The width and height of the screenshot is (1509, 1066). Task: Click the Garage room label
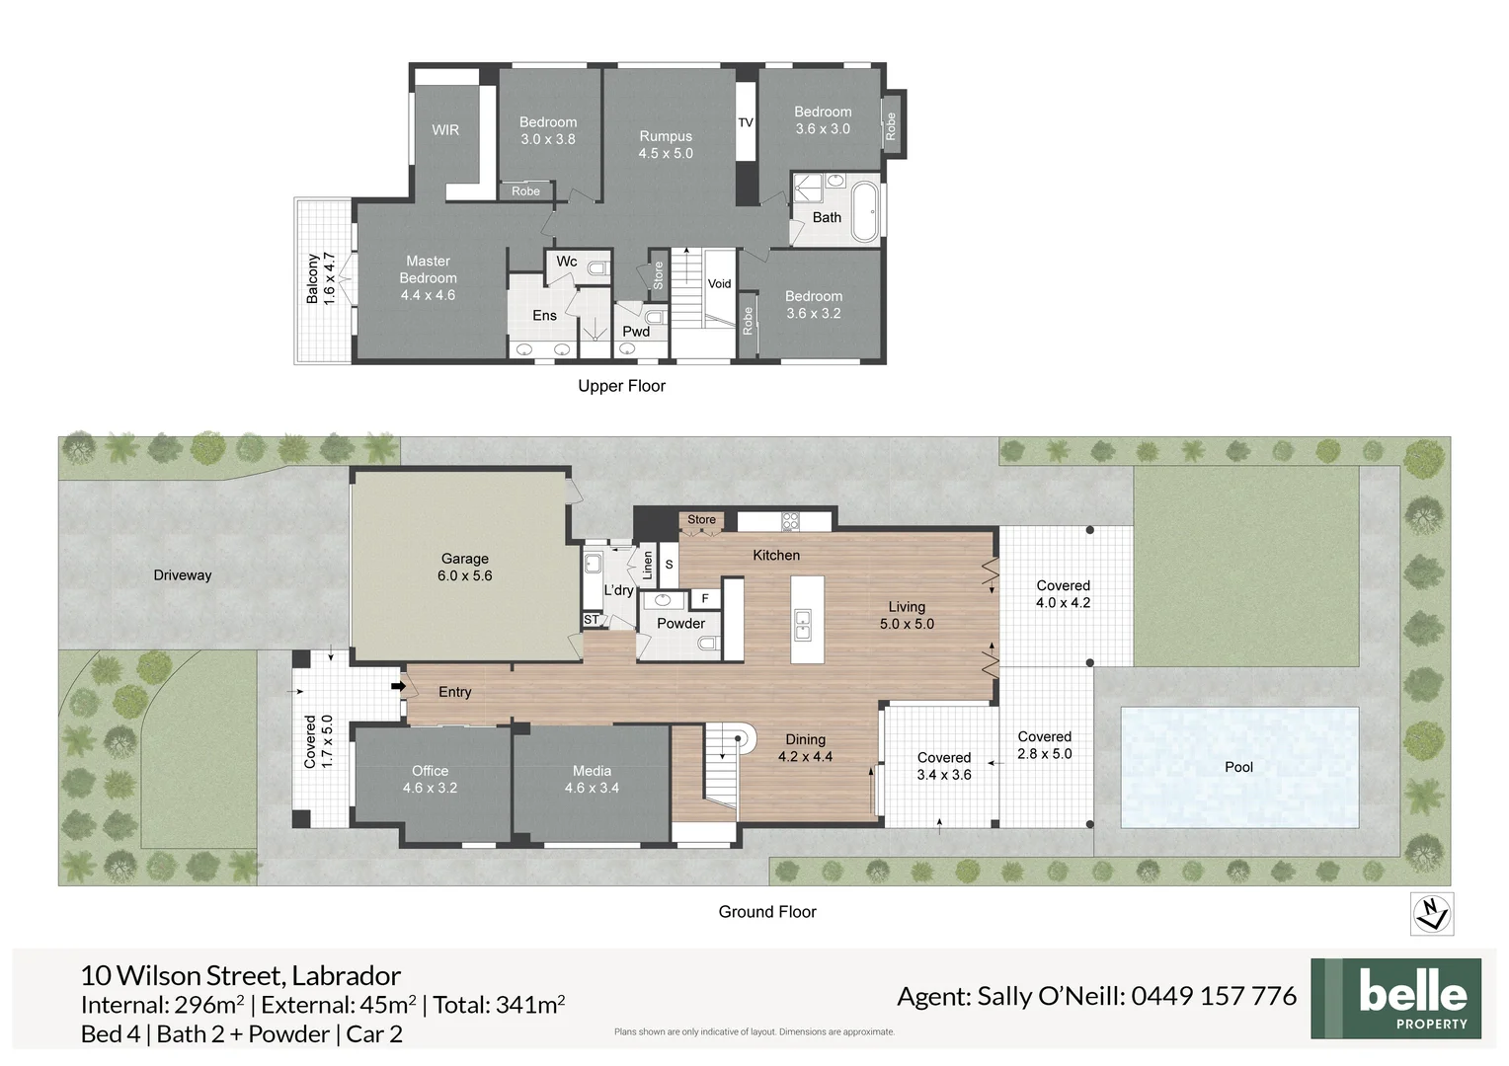point(464,559)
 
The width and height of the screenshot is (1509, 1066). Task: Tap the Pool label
point(1238,767)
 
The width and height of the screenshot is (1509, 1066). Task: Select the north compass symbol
point(1431,914)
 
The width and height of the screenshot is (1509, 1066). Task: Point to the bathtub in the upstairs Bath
point(865,211)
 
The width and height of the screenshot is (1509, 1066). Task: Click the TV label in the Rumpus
point(746,122)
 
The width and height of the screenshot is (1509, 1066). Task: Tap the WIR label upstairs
point(445,130)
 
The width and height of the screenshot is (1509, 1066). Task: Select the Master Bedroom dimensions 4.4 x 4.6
point(428,295)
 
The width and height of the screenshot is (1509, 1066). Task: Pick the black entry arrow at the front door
point(398,686)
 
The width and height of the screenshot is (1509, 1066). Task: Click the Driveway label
point(183,575)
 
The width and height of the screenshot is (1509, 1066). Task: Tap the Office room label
point(430,771)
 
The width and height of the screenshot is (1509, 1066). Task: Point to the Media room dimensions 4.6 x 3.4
point(592,788)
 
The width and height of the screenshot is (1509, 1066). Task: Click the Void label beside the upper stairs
point(719,283)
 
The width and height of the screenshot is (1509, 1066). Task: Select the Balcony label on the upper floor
point(313,278)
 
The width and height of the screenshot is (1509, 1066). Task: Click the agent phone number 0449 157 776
point(1214,996)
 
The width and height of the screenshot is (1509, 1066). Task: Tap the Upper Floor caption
point(621,386)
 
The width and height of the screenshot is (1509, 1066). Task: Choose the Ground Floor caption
point(767,912)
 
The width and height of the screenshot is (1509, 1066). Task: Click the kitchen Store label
point(701,519)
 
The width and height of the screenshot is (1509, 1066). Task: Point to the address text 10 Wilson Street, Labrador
point(240,975)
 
